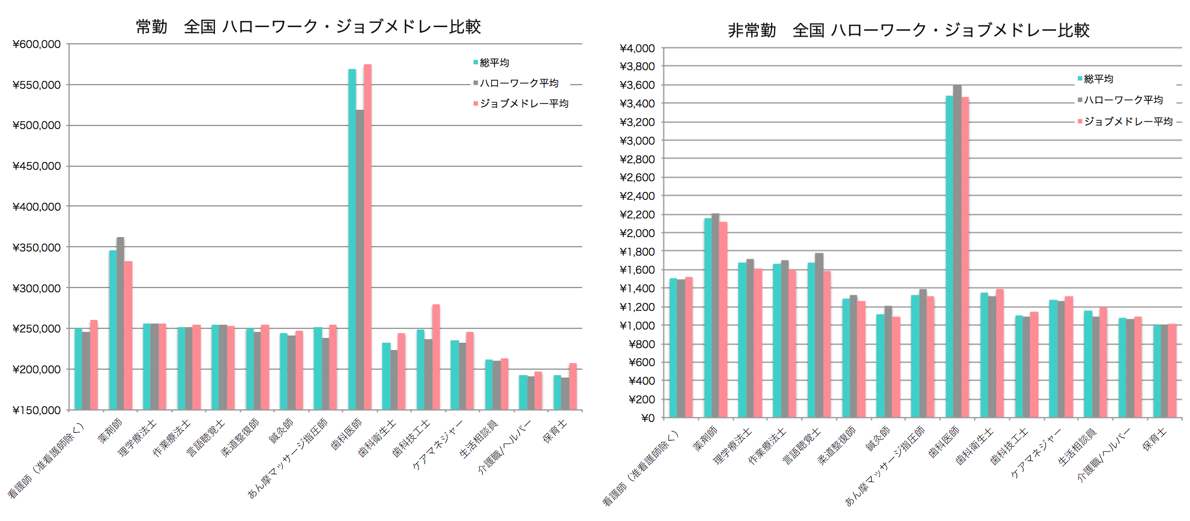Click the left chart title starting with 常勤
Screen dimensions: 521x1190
[308, 26]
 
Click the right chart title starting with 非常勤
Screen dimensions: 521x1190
[908, 30]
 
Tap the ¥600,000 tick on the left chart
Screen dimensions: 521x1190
[37, 44]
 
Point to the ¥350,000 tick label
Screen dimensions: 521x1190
[37, 247]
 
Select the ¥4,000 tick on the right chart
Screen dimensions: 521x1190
[637, 48]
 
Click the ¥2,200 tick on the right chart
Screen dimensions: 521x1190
[637, 214]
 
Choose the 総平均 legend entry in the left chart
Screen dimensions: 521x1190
[494, 62]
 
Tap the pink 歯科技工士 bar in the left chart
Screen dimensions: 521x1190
[436, 357]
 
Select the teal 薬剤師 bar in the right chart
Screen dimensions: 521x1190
[708, 318]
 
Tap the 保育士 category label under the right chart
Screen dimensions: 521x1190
[1153, 439]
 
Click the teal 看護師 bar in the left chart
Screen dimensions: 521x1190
[78, 369]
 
